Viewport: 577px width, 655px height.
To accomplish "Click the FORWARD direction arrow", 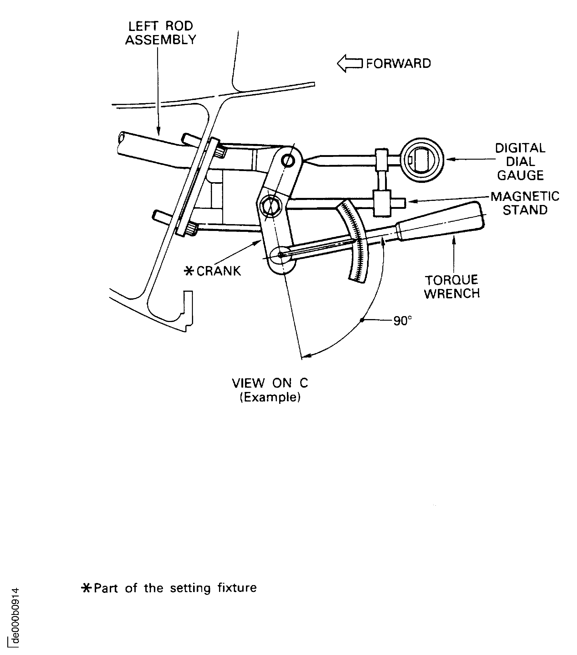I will pyautogui.click(x=349, y=64).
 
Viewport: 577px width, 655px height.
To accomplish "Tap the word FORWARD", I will pyautogui.click(x=398, y=64).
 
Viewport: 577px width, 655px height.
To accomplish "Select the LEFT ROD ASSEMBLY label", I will pyautogui.click(x=160, y=33).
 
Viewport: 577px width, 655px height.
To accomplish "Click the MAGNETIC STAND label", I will pyautogui.click(x=525, y=203).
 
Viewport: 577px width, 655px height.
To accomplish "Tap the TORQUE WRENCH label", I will pyautogui.click(x=452, y=287).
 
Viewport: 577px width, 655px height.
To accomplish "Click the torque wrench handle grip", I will pyautogui.click(x=441, y=221).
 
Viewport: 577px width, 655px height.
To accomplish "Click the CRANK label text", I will pyautogui.click(x=219, y=271).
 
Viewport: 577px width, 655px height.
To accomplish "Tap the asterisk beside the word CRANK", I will pyautogui.click(x=189, y=271).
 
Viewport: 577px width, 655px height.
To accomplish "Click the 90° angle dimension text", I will pyautogui.click(x=402, y=320).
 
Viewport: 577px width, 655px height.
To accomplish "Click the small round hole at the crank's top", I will pyautogui.click(x=288, y=160).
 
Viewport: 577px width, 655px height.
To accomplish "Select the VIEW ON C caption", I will pyautogui.click(x=270, y=383).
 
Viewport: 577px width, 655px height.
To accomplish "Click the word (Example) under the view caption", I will pyautogui.click(x=270, y=397).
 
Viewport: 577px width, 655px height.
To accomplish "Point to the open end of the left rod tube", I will pyautogui.click(x=121, y=138).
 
